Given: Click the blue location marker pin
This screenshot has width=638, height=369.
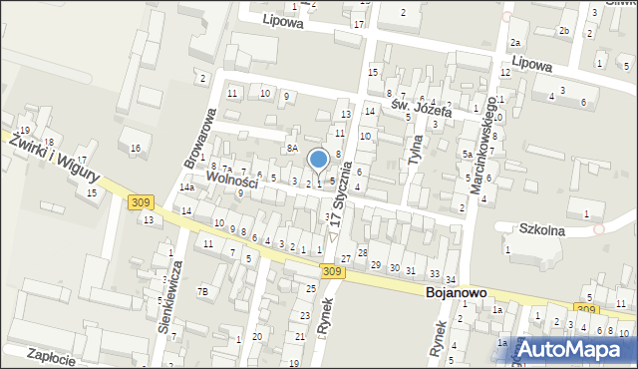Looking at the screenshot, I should tap(319, 160).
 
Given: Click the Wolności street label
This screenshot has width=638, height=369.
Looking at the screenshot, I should tap(231, 183).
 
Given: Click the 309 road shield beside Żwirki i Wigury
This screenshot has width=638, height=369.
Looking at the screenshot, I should tap(141, 202).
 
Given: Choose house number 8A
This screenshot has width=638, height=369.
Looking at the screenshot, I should tap(292, 148).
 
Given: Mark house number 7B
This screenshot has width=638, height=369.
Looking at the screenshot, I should tap(202, 291).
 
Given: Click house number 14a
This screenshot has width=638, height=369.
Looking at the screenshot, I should tap(186, 187).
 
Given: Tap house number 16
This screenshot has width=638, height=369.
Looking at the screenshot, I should tap(136, 149).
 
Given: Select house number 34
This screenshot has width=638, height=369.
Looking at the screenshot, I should tap(451, 278).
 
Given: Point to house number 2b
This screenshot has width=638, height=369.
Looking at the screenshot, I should tap(563, 31).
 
